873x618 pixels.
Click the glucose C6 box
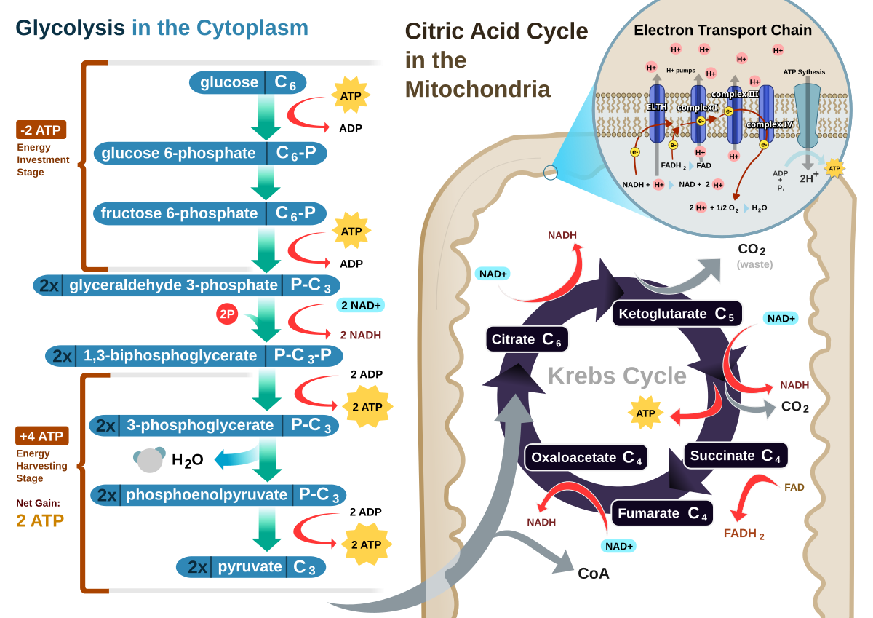tap(247, 82)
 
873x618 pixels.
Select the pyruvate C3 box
tap(251, 566)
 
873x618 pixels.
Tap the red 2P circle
tap(227, 314)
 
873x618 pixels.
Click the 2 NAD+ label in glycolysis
tap(360, 305)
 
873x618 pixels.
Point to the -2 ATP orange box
tap(41, 130)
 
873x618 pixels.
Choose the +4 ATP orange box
tap(42, 436)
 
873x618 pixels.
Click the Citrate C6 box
tap(527, 339)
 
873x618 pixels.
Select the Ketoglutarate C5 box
tap(677, 314)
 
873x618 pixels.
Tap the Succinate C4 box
tap(736, 456)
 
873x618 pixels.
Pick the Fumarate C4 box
tap(662, 513)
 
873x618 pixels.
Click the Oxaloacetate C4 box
tap(586, 457)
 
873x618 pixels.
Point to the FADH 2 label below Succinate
tap(744, 534)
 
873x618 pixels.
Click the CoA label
tap(594, 573)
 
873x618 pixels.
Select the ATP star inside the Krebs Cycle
tap(645, 413)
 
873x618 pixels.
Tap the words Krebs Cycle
tap(617, 376)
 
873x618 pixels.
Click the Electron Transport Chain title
tap(722, 31)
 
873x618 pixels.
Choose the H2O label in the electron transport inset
tap(760, 207)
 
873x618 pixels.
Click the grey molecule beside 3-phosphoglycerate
tap(150, 459)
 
